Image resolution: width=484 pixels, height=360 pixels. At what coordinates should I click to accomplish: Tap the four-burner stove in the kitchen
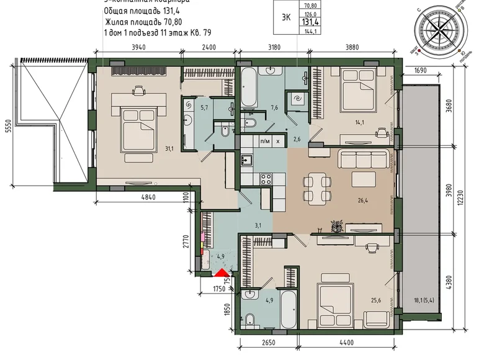[x=266, y=178]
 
